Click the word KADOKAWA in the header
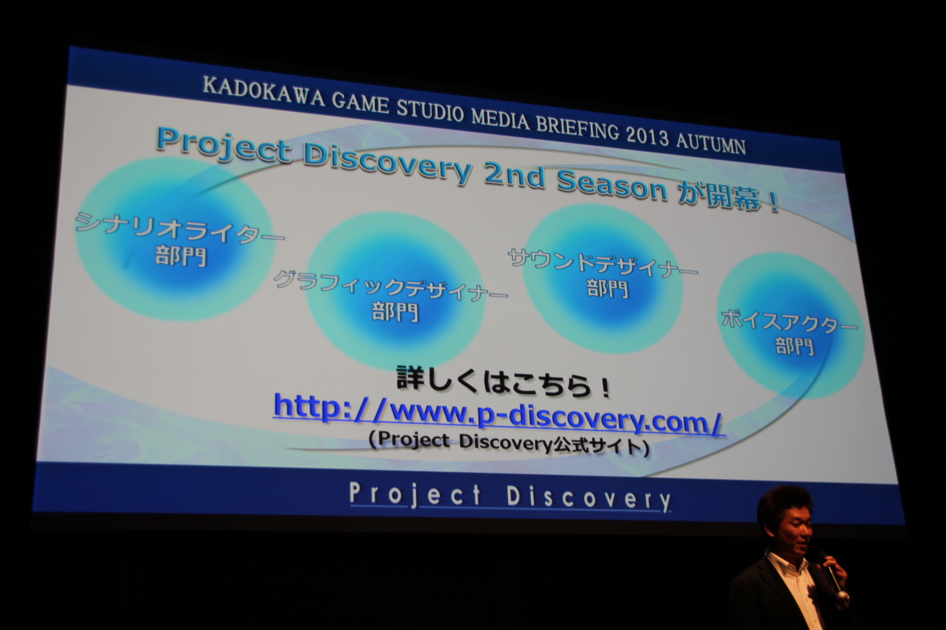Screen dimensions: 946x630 [263, 94]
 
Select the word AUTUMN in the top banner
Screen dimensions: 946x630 [710, 144]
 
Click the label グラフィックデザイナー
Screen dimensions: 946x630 [390, 286]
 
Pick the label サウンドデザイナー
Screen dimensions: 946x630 [602, 263]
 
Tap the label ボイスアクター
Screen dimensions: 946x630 [788, 321]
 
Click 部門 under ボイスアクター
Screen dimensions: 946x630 [794, 346]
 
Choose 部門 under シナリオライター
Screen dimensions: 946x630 [181, 256]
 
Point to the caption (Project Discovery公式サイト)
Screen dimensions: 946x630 [508, 443]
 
